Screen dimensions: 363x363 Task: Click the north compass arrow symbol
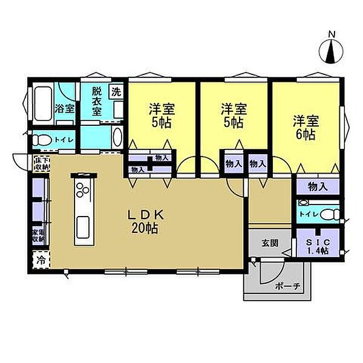pyautogui.click(x=331, y=53)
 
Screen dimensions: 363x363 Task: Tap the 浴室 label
pyautogui.click(x=65, y=110)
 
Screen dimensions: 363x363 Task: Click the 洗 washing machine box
pyautogui.click(x=116, y=93)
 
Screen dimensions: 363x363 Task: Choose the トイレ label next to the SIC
pyautogui.click(x=308, y=214)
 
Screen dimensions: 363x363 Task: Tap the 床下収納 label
pyautogui.click(x=41, y=163)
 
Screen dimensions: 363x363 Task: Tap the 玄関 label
pyautogui.click(x=270, y=243)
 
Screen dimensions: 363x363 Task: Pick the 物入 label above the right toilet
pyautogui.click(x=317, y=186)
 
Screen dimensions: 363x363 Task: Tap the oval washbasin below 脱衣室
pyautogui.click(x=117, y=136)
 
